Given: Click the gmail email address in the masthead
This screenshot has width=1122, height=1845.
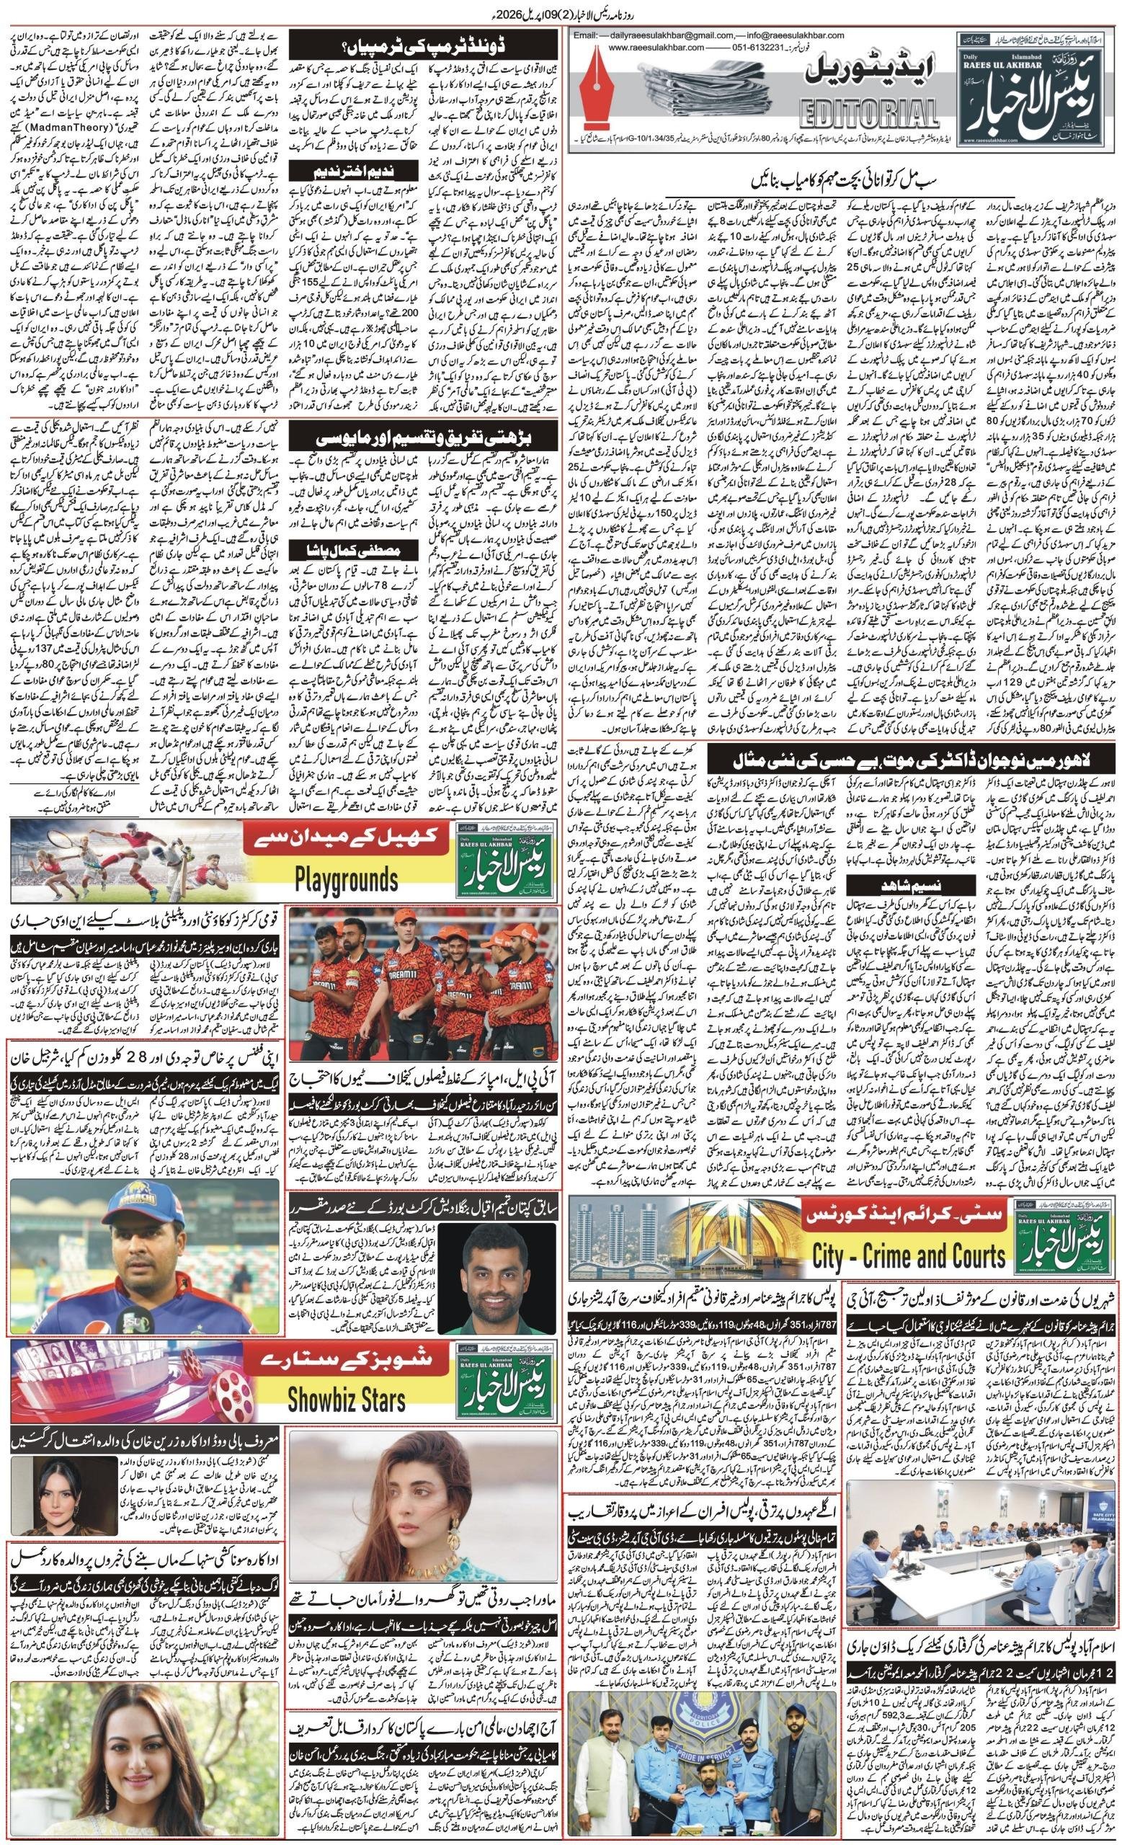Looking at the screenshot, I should pyautogui.click(x=678, y=35).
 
